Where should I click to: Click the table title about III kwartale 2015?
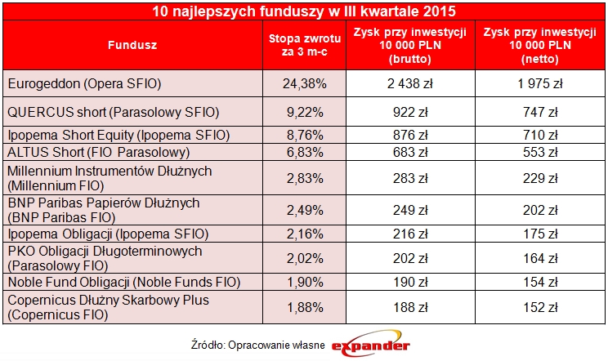[x=304, y=11]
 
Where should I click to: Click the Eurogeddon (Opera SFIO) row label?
[x=84, y=83]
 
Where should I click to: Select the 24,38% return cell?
[x=297, y=83]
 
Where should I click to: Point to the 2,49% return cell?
[x=297, y=210]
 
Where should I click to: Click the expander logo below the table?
[x=371, y=346]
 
